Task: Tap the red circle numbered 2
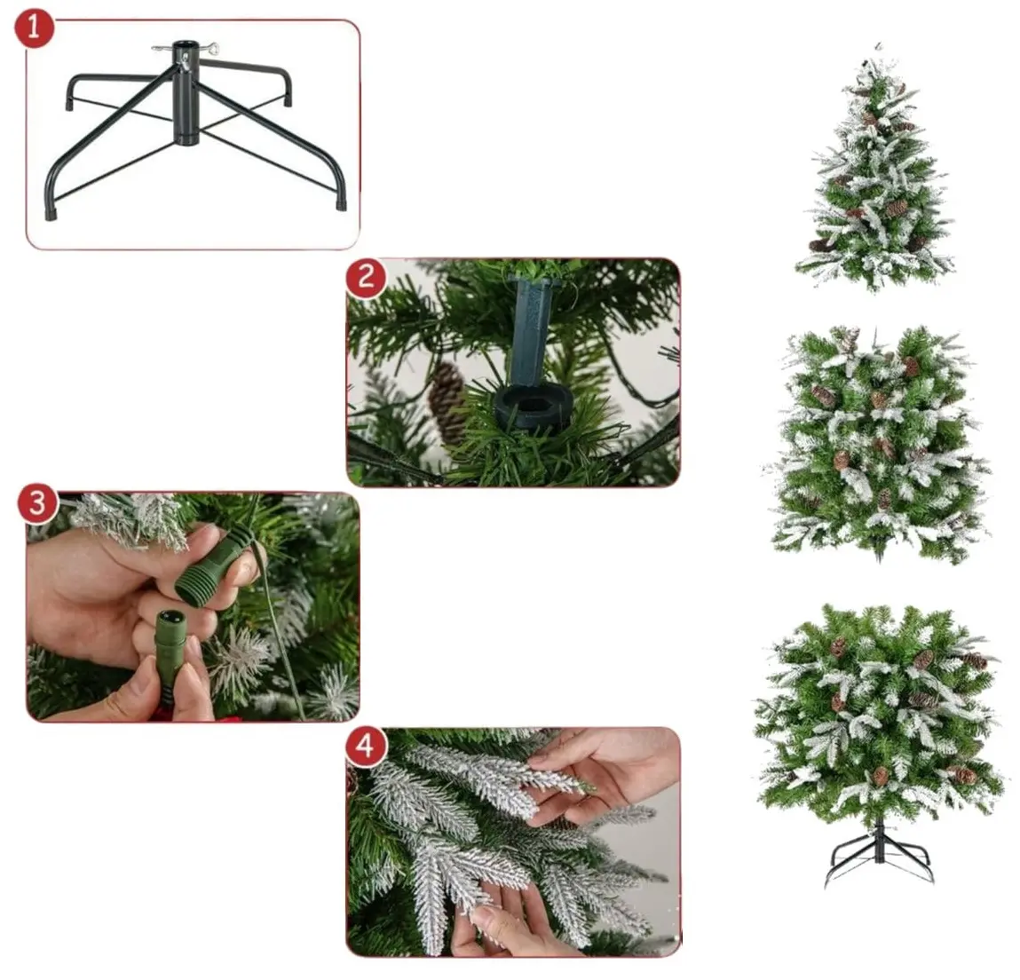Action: click(x=367, y=278)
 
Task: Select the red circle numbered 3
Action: click(x=38, y=503)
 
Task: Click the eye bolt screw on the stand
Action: click(x=186, y=50)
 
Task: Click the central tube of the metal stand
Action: click(x=186, y=93)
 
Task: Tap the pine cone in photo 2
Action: click(x=447, y=402)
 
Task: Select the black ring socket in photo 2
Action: click(x=532, y=407)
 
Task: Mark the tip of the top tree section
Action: click(x=878, y=45)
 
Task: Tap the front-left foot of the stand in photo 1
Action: click(x=50, y=213)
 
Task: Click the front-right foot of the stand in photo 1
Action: click(x=340, y=202)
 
